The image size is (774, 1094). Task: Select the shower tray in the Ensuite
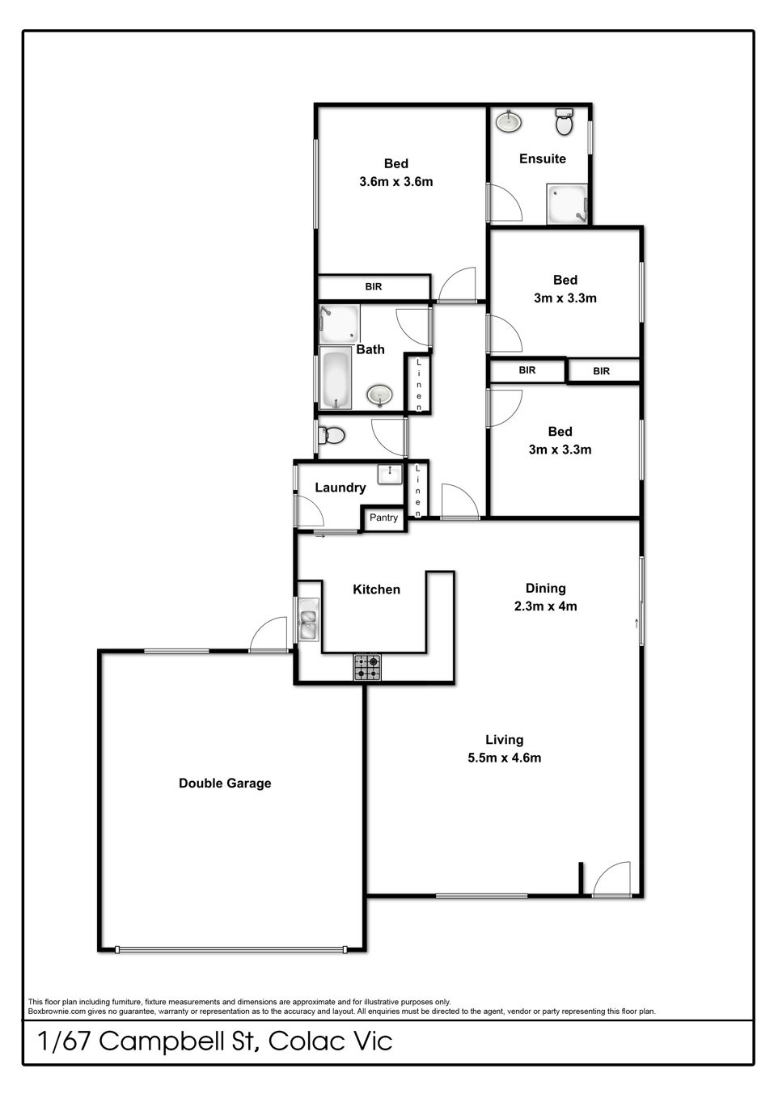point(567,204)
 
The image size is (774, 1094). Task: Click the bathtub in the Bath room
point(335,378)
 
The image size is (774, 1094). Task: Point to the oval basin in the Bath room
point(379,395)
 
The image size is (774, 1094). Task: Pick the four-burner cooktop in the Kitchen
point(367,667)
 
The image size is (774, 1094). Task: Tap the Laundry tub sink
point(390,474)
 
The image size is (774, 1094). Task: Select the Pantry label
point(383,517)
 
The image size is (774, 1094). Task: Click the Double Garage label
point(225,783)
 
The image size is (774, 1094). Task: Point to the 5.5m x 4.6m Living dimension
point(505,758)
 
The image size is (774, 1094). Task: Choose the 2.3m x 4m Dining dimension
point(545,606)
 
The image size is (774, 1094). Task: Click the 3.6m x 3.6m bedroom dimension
point(395,182)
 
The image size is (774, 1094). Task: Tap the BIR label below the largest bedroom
point(374,287)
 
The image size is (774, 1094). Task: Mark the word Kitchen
point(376,589)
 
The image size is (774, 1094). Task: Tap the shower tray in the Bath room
point(339,323)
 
